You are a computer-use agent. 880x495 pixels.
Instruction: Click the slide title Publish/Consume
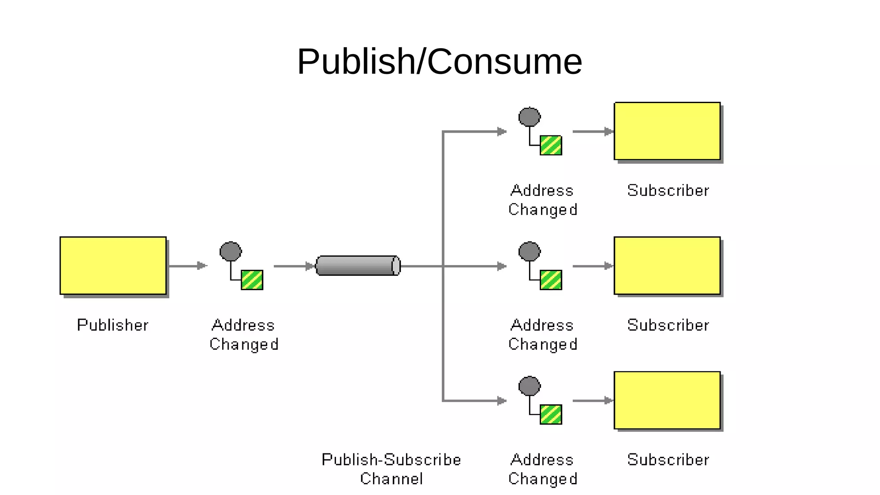(x=439, y=62)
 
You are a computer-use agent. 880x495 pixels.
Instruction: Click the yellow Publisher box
(x=113, y=265)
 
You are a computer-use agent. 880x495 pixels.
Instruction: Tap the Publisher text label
(x=113, y=325)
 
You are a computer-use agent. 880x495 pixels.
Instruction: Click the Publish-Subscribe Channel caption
(x=391, y=469)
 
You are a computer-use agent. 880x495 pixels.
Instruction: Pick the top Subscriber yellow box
(x=667, y=131)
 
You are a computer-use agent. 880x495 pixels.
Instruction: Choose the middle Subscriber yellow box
(x=667, y=265)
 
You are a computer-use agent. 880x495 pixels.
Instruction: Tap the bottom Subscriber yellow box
(x=667, y=400)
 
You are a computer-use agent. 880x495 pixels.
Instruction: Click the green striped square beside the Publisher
(x=252, y=280)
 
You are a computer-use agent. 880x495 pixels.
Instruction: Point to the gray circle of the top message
(x=529, y=117)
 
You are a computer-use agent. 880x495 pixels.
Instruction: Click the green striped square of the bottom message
(x=551, y=414)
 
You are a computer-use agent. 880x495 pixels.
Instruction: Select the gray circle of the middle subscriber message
(x=529, y=251)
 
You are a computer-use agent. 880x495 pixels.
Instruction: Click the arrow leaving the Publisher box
(x=188, y=266)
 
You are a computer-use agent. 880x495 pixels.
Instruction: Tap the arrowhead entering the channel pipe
(x=309, y=266)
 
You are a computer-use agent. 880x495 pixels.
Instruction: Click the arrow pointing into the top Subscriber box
(x=593, y=131)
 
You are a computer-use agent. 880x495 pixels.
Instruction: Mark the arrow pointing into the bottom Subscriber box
(x=593, y=400)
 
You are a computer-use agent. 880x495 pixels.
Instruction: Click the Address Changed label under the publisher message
(x=244, y=334)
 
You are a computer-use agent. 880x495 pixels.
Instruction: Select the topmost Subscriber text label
(x=668, y=190)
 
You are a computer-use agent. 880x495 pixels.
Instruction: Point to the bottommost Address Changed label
(x=542, y=469)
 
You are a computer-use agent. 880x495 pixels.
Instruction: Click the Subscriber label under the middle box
(x=668, y=325)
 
